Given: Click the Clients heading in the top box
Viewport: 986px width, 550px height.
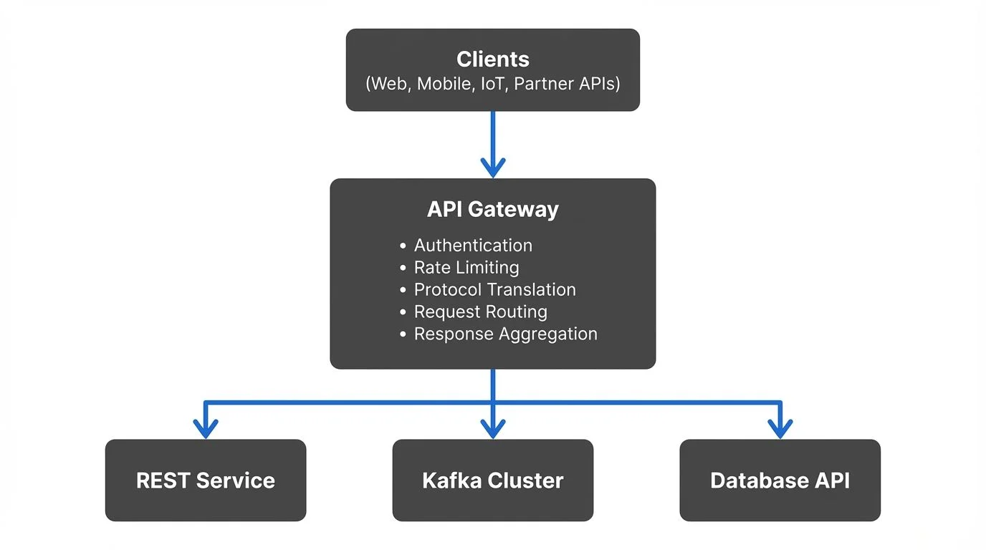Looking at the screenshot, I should click(493, 59).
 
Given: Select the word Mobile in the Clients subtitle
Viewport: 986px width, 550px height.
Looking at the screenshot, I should click(444, 84).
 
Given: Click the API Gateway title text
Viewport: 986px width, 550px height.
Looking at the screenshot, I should click(493, 209).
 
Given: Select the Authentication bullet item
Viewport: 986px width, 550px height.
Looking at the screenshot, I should click(473, 246).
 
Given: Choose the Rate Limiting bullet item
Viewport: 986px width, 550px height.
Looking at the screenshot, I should click(466, 268).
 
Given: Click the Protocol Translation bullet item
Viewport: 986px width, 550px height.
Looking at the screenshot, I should click(494, 290).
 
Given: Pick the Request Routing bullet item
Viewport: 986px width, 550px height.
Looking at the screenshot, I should click(480, 312).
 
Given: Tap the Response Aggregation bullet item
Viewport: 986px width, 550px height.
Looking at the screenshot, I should click(505, 334).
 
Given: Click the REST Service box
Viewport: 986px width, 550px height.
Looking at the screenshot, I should click(206, 480).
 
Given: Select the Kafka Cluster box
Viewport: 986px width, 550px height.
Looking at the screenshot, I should click(493, 480).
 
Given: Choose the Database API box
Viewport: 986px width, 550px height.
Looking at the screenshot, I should click(780, 480).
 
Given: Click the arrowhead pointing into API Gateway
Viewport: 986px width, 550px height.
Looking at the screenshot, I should click(493, 168).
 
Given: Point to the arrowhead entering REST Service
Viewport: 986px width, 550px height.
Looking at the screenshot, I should click(206, 429).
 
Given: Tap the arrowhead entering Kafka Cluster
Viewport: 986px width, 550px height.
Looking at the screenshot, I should click(493, 429).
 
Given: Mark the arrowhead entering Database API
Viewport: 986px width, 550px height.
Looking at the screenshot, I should click(780, 429).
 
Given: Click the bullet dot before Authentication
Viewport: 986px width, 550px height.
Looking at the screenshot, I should click(403, 246).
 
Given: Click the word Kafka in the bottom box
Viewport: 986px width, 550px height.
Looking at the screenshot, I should click(450, 480).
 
